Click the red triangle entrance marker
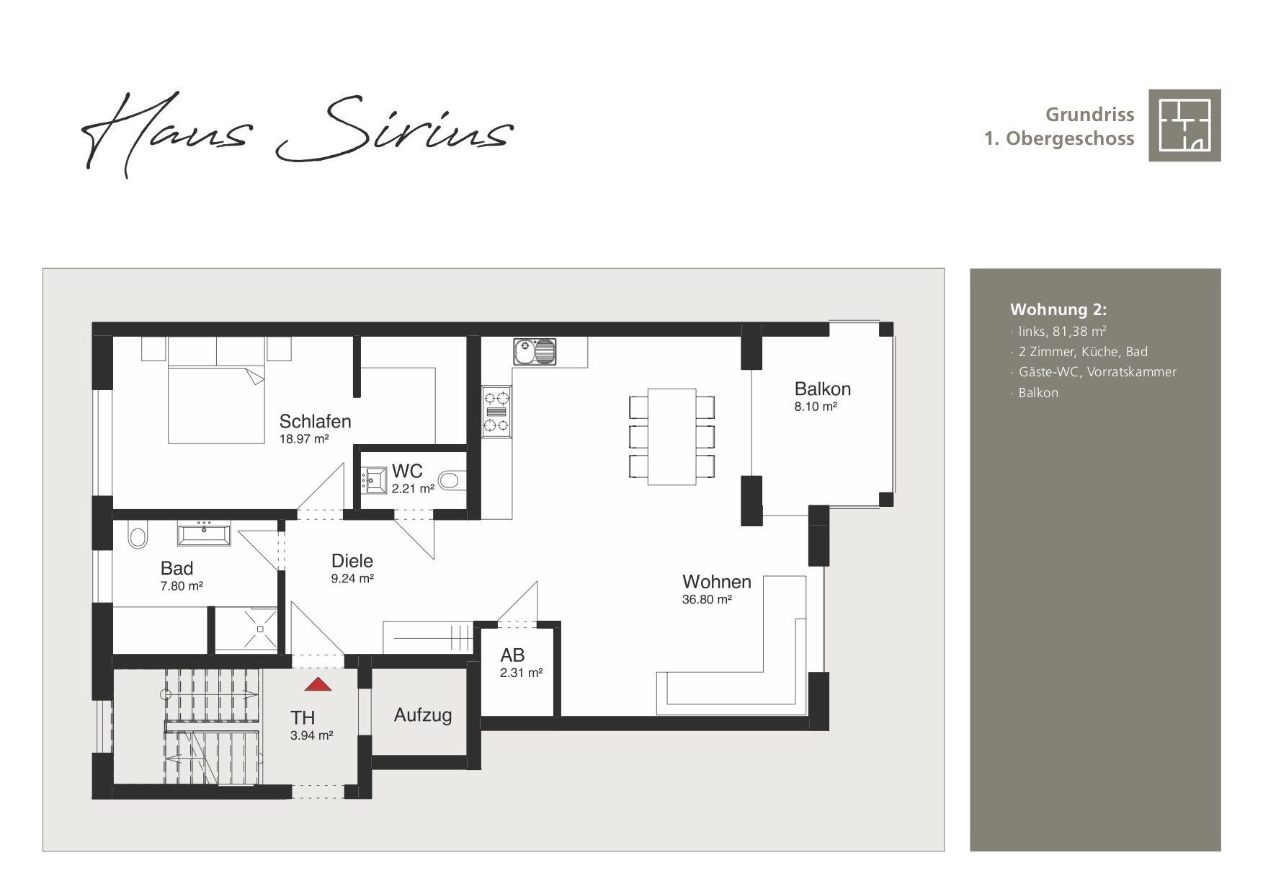(318, 684)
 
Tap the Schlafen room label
(315, 421)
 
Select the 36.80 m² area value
(707, 599)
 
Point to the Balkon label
(822, 389)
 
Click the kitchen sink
(535, 352)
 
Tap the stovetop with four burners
(497, 412)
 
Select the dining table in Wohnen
(672, 436)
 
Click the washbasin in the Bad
(205, 534)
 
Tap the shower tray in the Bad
(246, 629)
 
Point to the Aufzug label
(423, 715)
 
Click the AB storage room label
(513, 655)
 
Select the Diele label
(352, 560)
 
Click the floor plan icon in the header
(1184, 125)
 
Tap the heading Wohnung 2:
(1058, 309)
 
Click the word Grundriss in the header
(1090, 115)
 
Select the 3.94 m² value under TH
(311, 736)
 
